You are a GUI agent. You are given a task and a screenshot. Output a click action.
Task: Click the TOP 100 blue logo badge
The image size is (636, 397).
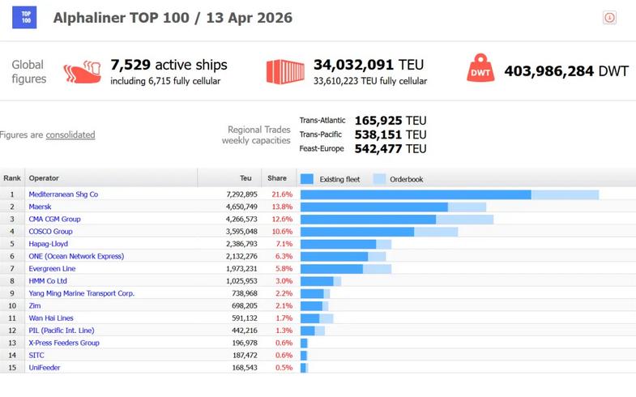coord(24,17)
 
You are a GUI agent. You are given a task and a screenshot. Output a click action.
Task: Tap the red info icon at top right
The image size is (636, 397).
coord(609,18)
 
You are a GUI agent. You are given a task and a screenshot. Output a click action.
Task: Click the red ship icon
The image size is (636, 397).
coord(81,71)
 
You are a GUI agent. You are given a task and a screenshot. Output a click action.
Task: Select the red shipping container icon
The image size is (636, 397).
coord(285,71)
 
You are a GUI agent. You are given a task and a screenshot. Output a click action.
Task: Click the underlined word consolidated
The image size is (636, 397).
coord(70,134)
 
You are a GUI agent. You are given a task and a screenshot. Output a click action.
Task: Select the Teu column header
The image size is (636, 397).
coord(246,178)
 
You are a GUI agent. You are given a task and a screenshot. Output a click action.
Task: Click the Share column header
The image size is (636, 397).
coord(277,178)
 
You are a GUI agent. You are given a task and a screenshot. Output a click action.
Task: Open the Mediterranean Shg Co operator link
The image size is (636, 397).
coord(63,194)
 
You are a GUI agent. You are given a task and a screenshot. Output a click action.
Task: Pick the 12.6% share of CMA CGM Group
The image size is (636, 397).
coord(281,219)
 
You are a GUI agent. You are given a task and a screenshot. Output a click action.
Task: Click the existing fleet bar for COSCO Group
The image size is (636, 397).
coord(356,232)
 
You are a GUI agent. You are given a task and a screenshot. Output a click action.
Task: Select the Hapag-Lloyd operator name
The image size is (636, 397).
coord(48,244)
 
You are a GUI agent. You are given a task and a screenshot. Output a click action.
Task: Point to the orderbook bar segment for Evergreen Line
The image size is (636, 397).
coord(377,269)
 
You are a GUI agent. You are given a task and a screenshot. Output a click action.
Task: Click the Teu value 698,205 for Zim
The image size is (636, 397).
coord(240,305)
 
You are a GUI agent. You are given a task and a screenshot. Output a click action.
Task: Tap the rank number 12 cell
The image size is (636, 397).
coord(12,331)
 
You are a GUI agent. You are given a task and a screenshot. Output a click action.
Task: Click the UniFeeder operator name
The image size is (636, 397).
coord(45,368)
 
